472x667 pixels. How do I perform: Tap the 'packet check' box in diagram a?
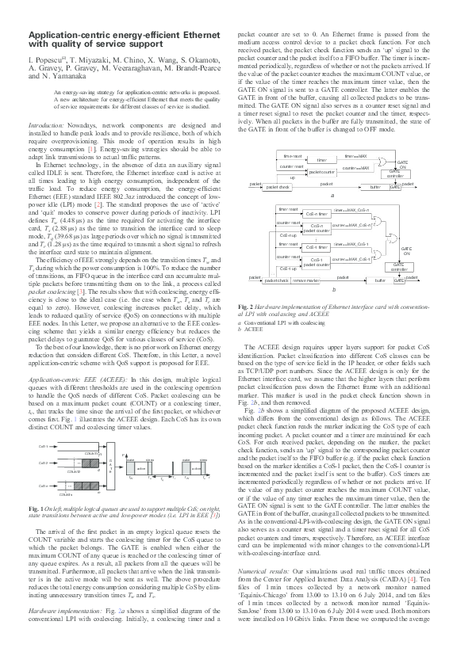coord(277,187)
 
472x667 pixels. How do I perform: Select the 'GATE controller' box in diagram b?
coord(401,267)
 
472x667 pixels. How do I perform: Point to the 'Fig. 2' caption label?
coord(245,304)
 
